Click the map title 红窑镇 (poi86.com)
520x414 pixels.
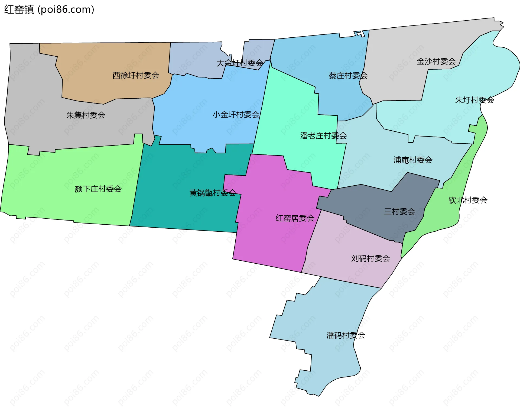point(49,9)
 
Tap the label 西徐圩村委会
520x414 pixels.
point(136,75)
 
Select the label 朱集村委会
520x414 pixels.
point(86,115)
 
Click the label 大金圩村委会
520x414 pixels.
point(240,63)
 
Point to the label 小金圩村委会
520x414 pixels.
point(236,115)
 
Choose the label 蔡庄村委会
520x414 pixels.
point(348,76)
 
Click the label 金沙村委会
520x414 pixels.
point(436,62)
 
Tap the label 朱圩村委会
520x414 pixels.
point(474,100)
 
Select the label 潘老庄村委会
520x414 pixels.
point(323,135)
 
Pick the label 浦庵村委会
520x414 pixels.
point(413,160)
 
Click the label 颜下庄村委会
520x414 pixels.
point(98,189)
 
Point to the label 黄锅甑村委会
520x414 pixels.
point(213,193)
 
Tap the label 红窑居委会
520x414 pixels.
point(295,218)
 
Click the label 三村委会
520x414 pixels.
point(399,211)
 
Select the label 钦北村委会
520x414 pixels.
point(468,200)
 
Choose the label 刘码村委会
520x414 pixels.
point(370,258)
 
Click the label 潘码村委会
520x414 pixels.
point(346,335)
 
